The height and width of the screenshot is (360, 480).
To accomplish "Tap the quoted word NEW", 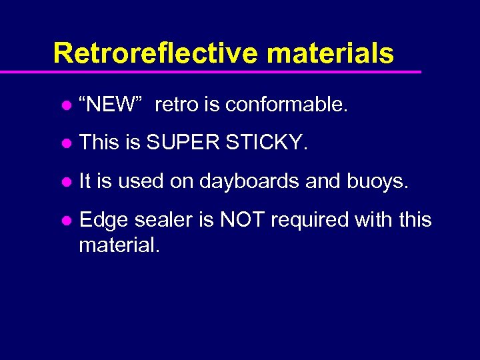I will click(111, 105).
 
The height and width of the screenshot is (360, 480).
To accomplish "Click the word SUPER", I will click(182, 143).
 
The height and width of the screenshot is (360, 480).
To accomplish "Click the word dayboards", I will click(249, 181).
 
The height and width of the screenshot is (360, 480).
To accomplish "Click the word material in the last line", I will click(119, 245).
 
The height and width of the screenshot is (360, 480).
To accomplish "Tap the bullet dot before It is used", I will click(66, 182).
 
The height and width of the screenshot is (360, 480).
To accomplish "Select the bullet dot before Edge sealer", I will click(66, 221).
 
